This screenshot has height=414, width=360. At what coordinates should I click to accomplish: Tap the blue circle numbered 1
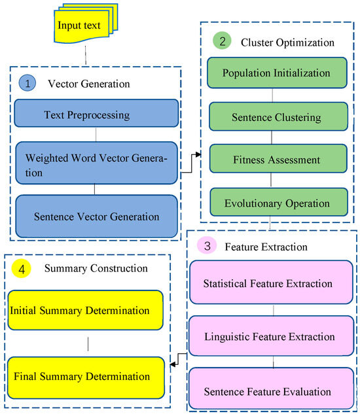[x=29, y=84]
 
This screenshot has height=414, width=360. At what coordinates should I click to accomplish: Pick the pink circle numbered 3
[x=206, y=247]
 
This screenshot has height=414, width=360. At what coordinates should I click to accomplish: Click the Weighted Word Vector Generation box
[x=96, y=165]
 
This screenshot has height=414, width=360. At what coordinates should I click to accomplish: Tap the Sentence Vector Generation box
[x=96, y=216]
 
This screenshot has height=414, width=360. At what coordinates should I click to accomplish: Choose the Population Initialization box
[x=276, y=73]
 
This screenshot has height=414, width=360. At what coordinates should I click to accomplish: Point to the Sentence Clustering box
[x=276, y=118]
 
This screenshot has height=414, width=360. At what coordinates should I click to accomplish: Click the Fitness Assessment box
[x=276, y=160]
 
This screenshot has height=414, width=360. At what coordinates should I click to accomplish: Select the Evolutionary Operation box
[x=276, y=203]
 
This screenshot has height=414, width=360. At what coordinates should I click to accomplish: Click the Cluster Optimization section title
[x=287, y=43]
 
